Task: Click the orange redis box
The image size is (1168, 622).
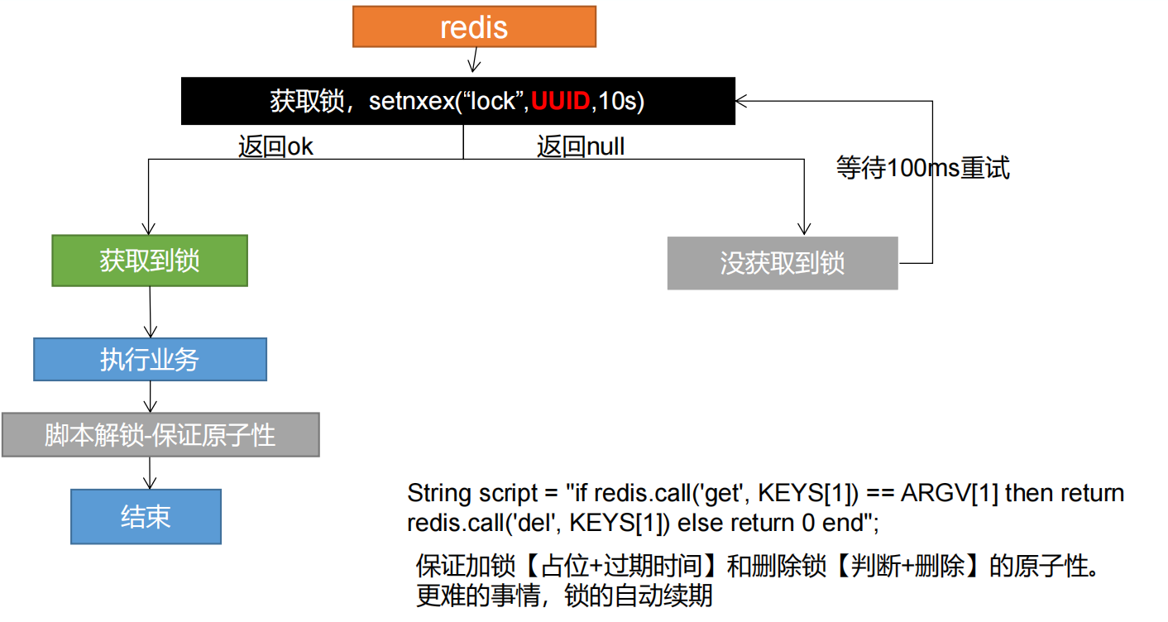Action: click(474, 26)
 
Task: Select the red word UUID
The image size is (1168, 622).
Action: click(561, 102)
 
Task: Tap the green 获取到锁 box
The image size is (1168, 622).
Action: click(150, 261)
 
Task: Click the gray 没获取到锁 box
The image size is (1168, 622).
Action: click(782, 264)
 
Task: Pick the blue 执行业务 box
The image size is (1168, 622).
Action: click(150, 360)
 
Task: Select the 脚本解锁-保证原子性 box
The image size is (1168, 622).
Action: click(160, 435)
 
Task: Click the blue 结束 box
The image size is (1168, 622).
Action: click(146, 517)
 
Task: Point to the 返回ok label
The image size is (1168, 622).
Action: click(275, 147)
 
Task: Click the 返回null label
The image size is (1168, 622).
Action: click(581, 147)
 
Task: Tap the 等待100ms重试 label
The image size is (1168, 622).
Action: click(922, 169)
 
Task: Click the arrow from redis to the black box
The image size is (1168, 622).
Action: click(473, 62)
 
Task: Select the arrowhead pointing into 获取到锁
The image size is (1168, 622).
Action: click(149, 229)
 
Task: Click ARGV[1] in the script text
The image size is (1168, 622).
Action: click(949, 494)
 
